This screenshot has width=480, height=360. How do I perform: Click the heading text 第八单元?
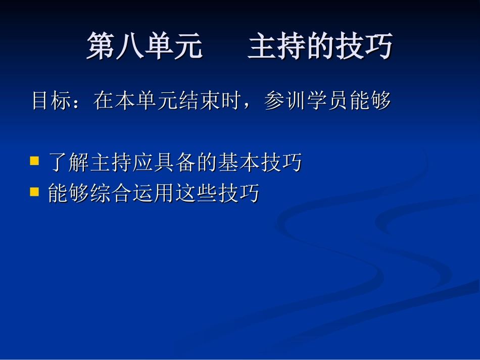pyautogui.click(x=145, y=47)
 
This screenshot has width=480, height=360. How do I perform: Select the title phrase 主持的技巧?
pyautogui.click(x=320, y=47)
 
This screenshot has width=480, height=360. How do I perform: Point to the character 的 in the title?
pyautogui.click(x=334, y=47)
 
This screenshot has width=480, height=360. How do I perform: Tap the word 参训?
pyautogui.click(x=285, y=101)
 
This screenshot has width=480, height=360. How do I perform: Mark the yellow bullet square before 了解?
pyautogui.click(x=34, y=161)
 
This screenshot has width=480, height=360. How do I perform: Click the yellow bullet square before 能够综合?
pyautogui.click(x=34, y=191)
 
